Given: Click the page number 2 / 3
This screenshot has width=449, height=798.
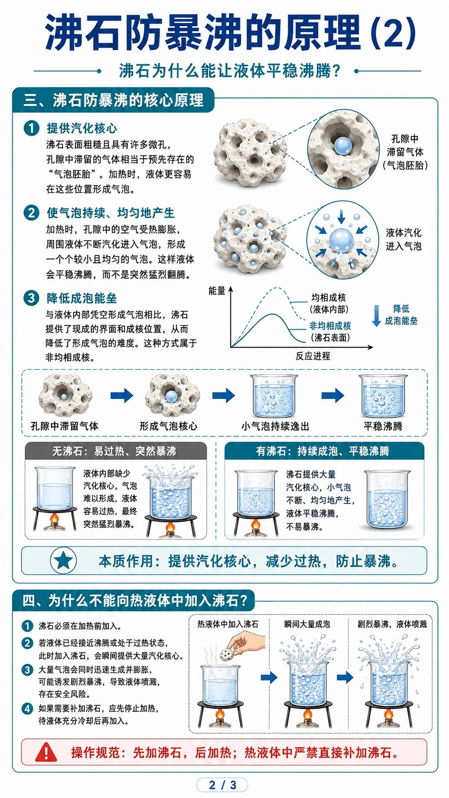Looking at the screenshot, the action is [222, 785].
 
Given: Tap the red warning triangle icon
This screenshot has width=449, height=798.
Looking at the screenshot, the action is [46, 753].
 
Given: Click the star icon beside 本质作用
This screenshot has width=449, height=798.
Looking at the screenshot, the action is [63, 561].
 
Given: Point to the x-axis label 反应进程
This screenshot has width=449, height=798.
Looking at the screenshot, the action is [313, 356].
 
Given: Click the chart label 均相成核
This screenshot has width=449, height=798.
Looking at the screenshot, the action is [329, 297].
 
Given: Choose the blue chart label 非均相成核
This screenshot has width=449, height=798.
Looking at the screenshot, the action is [330, 325].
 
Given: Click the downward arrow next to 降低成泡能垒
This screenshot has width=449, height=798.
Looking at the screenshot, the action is [376, 315].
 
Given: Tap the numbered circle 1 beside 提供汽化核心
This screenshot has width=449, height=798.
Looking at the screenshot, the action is [31, 128].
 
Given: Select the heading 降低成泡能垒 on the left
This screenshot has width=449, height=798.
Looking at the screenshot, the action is [82, 298].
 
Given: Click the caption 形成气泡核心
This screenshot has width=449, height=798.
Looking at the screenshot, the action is [168, 426].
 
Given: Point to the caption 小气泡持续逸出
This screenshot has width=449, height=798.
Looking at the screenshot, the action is [275, 426].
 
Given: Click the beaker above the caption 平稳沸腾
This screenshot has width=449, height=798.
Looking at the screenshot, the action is [383, 396].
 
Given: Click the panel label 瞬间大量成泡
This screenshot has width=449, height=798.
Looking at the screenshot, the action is [307, 624].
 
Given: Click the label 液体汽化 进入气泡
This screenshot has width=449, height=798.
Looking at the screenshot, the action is [403, 240].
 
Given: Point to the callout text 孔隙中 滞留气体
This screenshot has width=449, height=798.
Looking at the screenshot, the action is [405, 146].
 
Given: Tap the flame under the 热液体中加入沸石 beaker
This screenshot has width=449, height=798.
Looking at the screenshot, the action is [220, 714].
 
